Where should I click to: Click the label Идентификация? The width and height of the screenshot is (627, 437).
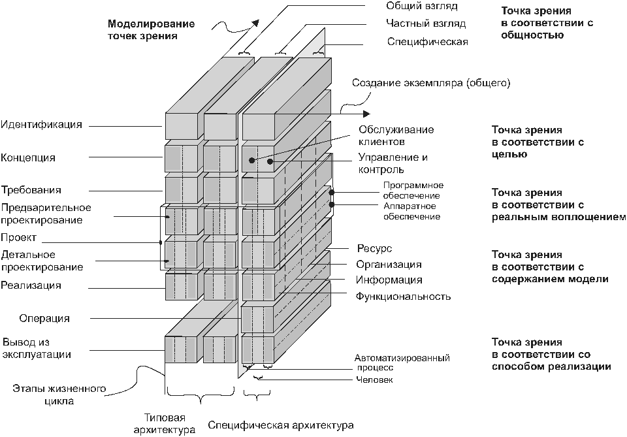pyautogui.click(x=42, y=125)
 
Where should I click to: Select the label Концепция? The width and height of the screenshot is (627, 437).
pyautogui.click(x=28, y=158)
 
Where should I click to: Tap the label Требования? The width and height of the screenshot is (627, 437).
pyautogui.click(x=31, y=190)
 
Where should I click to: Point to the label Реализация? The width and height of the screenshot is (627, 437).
pyautogui.click(x=31, y=285)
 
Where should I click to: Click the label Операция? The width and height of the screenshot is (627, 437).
pyautogui.click(x=44, y=318)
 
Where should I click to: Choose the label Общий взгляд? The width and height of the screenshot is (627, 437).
pyautogui.click(x=422, y=6)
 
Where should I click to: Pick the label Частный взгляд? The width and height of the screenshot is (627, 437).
pyautogui.click(x=426, y=24)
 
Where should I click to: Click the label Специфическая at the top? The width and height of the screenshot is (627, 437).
pyautogui.click(x=427, y=42)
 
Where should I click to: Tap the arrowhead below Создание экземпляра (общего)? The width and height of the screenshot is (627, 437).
pyautogui.click(x=366, y=114)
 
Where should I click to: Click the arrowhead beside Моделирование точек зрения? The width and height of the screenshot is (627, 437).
pyautogui.click(x=255, y=23)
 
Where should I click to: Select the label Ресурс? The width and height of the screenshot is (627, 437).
pyautogui.click(x=374, y=249)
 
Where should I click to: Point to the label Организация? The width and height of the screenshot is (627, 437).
pyautogui.click(x=389, y=265)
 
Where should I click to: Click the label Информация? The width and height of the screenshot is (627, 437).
pyautogui.click(x=389, y=280)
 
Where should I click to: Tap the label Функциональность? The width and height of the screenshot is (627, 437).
pyautogui.click(x=403, y=297)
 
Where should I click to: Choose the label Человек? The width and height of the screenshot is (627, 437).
pyautogui.click(x=374, y=380)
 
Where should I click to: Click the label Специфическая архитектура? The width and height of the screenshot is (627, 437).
pyautogui.click(x=281, y=425)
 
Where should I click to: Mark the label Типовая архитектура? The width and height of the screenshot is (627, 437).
pyautogui.click(x=165, y=424)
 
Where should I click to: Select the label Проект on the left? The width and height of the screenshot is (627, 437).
pyautogui.click(x=19, y=238)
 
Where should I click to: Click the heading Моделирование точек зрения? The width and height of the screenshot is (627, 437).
pyautogui.click(x=151, y=29)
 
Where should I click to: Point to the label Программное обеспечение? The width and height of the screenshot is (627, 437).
pyautogui.click(x=413, y=190)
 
